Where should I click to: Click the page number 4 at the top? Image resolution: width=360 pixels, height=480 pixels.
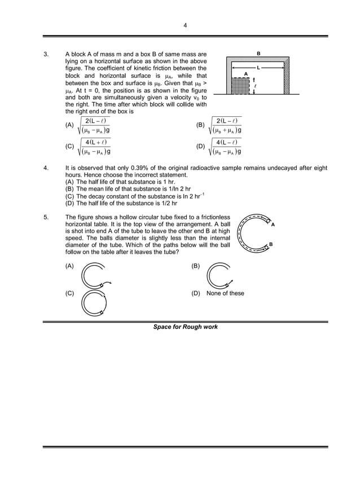click(185, 25)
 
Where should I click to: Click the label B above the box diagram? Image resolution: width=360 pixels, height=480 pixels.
click(258, 54)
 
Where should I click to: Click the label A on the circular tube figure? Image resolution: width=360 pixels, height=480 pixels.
click(273, 224)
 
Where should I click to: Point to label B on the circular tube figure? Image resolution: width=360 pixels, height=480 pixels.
click(270, 244)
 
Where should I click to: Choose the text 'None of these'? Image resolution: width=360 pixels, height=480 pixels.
click(225, 293)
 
